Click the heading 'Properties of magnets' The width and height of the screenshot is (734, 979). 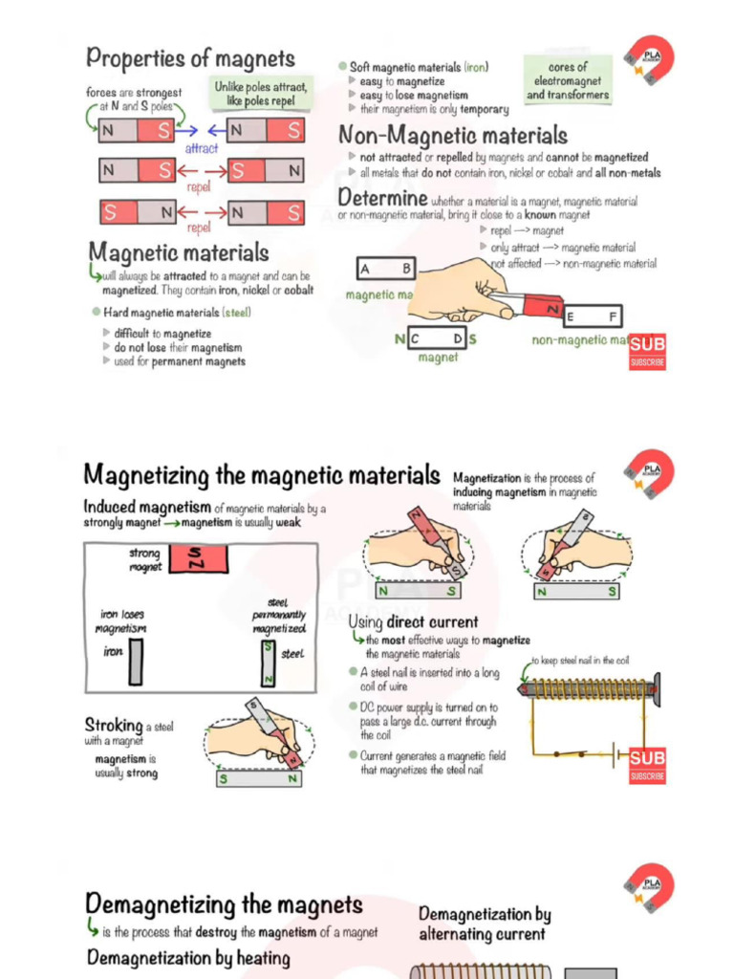(190, 58)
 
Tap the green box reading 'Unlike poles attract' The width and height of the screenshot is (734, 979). (261, 93)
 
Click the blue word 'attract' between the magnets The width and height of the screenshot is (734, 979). (202, 148)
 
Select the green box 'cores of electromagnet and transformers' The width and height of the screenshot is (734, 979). (568, 81)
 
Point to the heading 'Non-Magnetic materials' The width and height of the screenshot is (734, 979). (453, 135)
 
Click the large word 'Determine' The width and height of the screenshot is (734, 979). (382, 198)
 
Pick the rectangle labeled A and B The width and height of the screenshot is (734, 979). (387, 269)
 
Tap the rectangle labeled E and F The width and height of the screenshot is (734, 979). (593, 316)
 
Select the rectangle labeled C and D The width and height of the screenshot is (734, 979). (438, 339)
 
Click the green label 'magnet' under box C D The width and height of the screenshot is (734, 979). (438, 358)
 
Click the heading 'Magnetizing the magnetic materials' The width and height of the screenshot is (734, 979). (262, 474)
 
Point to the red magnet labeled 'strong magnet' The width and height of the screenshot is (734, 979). (198, 558)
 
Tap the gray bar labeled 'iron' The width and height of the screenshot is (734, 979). (137, 662)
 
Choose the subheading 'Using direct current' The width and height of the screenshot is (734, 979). (413, 621)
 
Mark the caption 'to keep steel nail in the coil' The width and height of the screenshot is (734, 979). (580, 661)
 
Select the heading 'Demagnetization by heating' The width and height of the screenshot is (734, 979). (188, 958)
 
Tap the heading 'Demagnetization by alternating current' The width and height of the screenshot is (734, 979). (485, 925)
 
